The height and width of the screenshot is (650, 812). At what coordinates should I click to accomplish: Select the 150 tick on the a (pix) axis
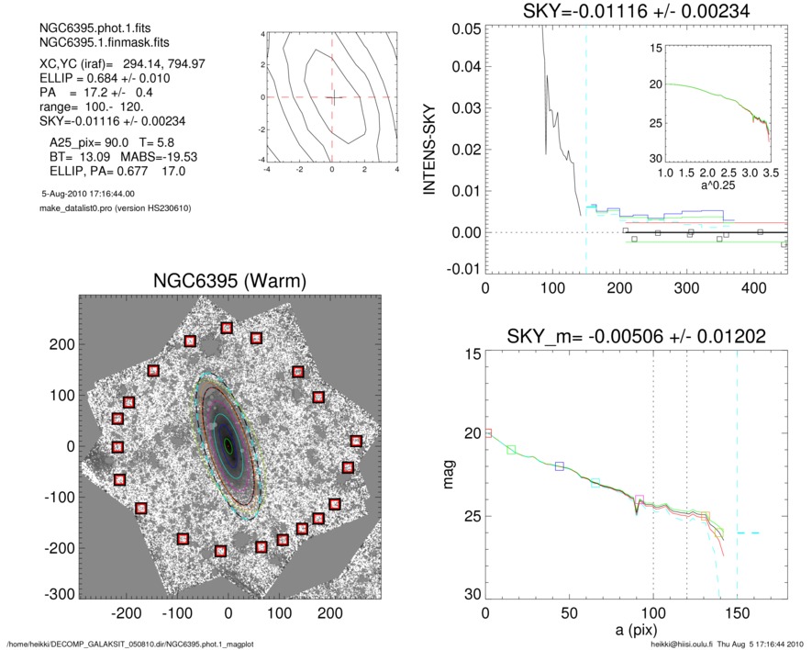point(738,613)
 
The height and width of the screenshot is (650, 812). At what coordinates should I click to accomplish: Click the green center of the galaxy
point(228,446)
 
